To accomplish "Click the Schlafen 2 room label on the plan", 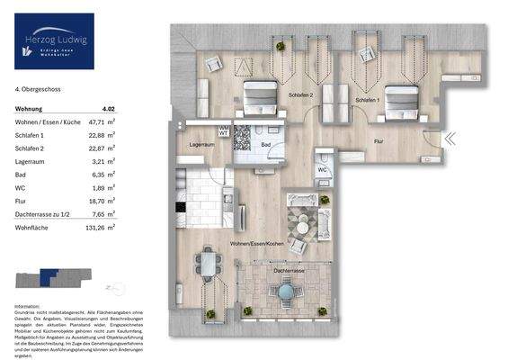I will tap(300, 94).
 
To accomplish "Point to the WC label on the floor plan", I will tap(322, 168).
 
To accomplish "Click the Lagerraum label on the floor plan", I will tap(202, 144).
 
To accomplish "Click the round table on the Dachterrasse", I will tap(285, 291).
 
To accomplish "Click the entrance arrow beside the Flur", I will tap(450, 139).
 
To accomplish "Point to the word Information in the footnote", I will tap(28, 306).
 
